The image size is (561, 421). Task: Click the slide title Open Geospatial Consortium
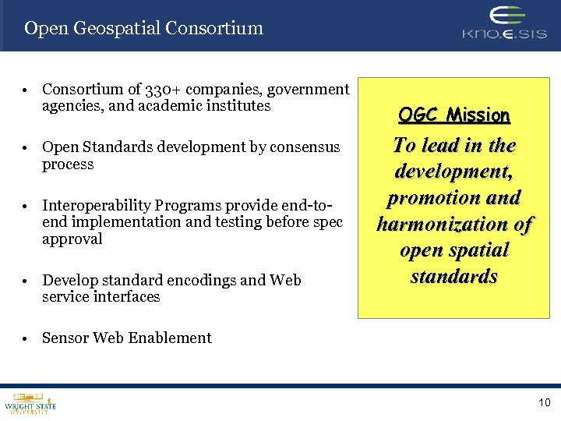tap(143, 29)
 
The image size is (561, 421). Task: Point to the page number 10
tap(544, 402)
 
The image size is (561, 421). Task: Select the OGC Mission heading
tap(453, 115)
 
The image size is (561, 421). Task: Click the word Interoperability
tap(96, 206)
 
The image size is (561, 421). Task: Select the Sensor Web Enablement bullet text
tap(127, 338)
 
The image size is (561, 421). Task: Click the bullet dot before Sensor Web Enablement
tap(26, 338)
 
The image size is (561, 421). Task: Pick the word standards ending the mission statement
tap(453, 277)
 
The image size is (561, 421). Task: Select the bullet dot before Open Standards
tap(26, 148)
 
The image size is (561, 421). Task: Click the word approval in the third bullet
tap(72, 239)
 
